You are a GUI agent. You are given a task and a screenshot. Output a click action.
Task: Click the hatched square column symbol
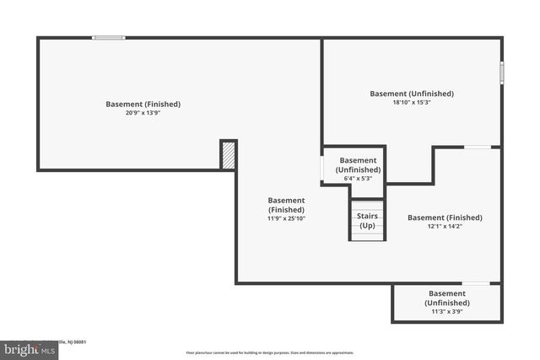tap(228, 155)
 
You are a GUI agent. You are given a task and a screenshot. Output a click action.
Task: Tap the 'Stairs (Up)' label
tap(367, 221)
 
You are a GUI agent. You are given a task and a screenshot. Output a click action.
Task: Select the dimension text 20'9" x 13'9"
tap(143, 113)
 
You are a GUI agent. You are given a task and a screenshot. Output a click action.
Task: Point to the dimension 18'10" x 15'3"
tap(412, 103)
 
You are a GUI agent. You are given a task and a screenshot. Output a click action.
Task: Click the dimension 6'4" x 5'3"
tap(358, 179)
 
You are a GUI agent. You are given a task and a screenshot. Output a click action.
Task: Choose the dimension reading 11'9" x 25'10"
tap(286, 218)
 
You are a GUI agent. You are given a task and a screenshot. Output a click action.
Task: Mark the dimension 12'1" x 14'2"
tap(445, 226)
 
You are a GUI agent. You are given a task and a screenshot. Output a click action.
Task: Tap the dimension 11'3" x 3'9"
tap(447, 311)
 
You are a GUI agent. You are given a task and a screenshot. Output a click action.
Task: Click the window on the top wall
tap(109, 37)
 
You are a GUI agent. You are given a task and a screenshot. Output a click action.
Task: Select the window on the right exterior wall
tap(501, 73)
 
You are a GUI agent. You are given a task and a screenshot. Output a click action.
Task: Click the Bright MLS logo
tap(30, 348)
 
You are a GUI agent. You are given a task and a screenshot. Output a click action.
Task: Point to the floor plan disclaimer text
tap(270, 352)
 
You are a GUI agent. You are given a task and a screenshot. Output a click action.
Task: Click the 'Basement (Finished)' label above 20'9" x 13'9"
tap(143, 105)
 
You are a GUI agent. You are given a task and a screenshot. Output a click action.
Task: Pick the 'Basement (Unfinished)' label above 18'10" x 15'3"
tap(412, 94)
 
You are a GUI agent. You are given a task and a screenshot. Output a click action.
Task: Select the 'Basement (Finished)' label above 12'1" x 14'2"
tap(445, 218)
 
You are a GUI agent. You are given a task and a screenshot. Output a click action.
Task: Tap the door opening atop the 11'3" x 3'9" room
tap(475, 283)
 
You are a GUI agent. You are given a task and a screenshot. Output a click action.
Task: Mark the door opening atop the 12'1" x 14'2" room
tap(478, 148)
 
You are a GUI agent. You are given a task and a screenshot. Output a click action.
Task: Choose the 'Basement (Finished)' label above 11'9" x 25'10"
tap(286, 205)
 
